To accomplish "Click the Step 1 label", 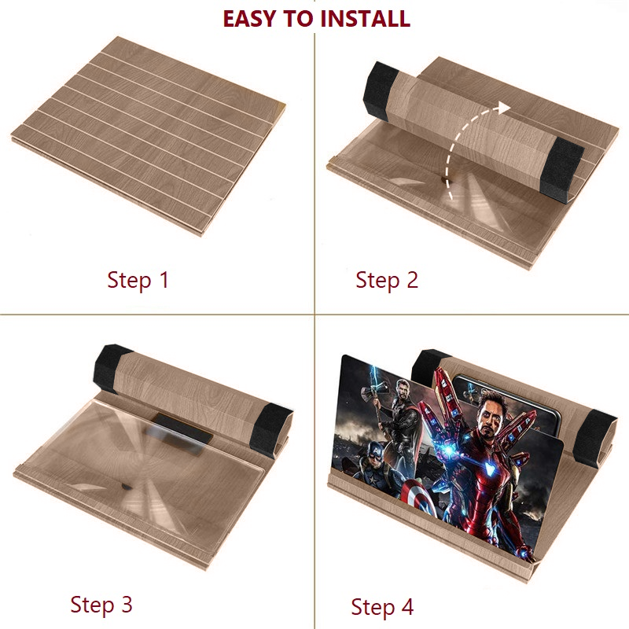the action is click(x=138, y=280).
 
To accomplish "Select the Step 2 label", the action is click(x=387, y=280).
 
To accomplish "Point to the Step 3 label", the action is click(x=101, y=604).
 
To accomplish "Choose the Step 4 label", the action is click(x=382, y=606).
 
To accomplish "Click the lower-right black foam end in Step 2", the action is click(x=561, y=171).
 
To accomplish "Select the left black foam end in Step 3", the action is click(x=111, y=368).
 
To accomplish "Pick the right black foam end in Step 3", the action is click(x=270, y=430).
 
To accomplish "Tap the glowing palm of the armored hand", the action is click(x=447, y=450).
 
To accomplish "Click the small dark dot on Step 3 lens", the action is click(x=126, y=487).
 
